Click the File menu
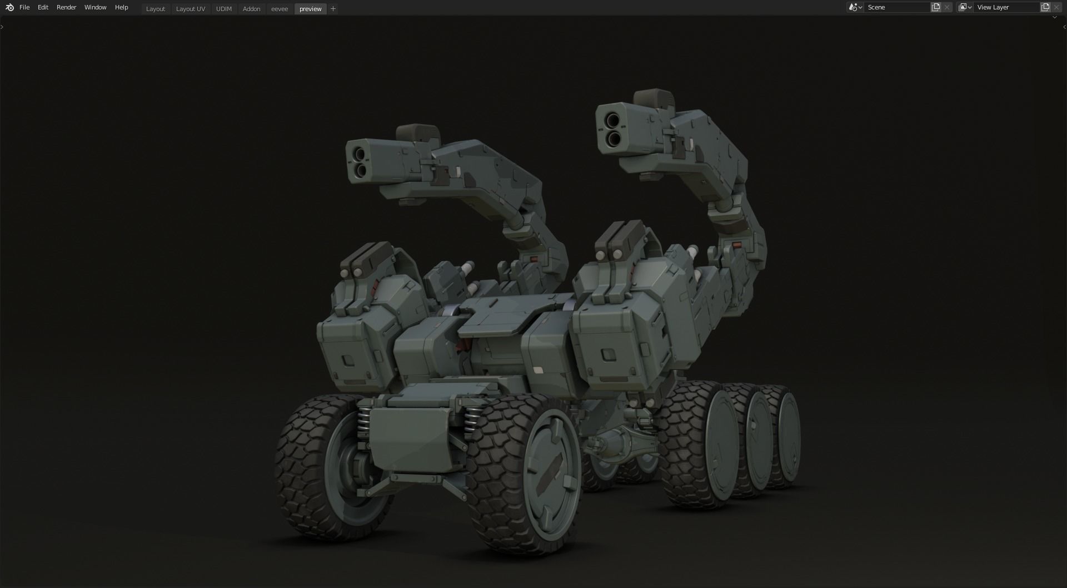[x=24, y=7]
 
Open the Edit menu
[x=43, y=7]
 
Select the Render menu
[x=66, y=7]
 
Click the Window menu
[x=95, y=7]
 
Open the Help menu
[x=121, y=7]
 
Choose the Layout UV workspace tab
[x=190, y=9]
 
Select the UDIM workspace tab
[x=223, y=9]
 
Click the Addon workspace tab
[x=251, y=9]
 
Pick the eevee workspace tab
[x=279, y=9]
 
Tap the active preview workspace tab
[x=310, y=9]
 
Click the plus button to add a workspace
[x=333, y=9]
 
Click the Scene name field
[x=896, y=7]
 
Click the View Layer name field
[x=1006, y=7]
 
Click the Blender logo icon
[x=9, y=7]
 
